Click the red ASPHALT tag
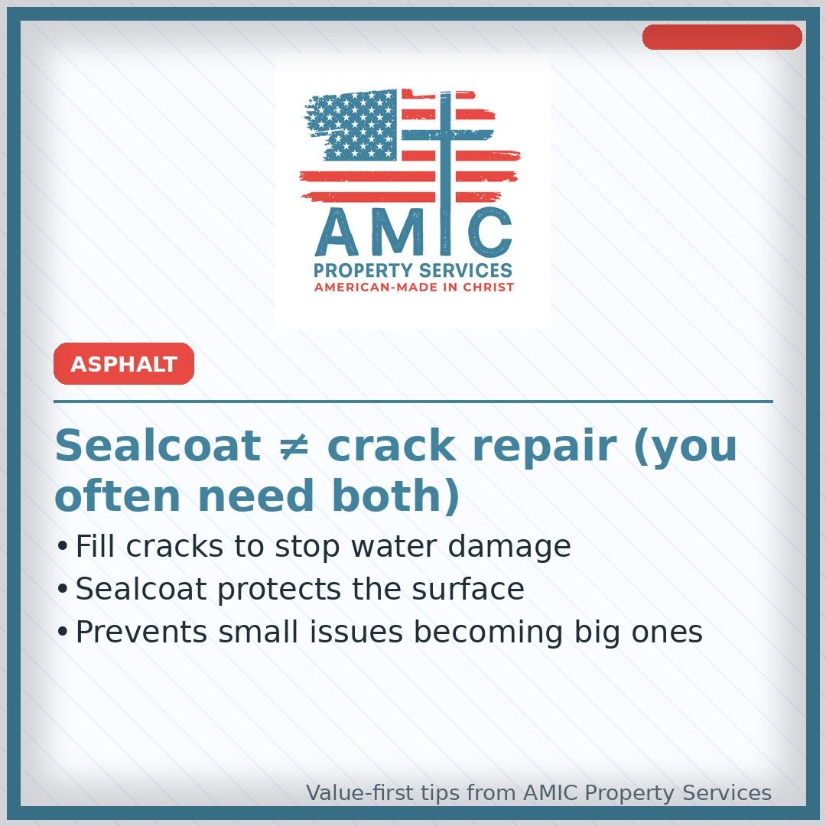(x=124, y=364)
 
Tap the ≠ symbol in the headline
(x=293, y=446)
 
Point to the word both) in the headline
(x=405, y=496)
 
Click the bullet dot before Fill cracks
(x=63, y=548)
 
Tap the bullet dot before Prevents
(x=63, y=633)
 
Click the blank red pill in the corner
(x=722, y=37)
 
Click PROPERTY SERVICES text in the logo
(x=413, y=271)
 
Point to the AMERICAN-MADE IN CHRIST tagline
(x=414, y=288)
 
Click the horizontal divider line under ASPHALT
(x=413, y=401)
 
